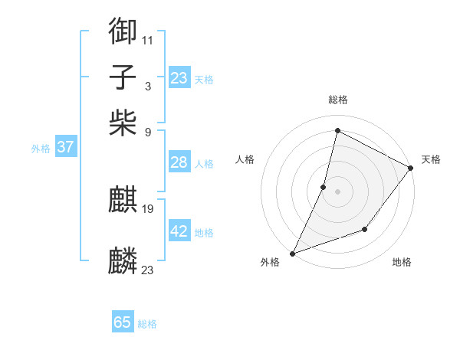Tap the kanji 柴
tap(123, 122)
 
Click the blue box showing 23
tap(179, 78)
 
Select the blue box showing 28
tap(179, 162)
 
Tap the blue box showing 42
tap(179, 231)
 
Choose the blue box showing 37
tap(65, 147)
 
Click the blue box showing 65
tap(123, 322)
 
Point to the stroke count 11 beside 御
tap(147, 39)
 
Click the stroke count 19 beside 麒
tap(148, 208)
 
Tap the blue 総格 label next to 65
tap(147, 324)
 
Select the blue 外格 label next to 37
tap(41, 149)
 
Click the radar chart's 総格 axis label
tap(337, 100)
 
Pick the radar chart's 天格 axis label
tap(431, 159)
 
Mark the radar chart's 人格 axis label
tap(245, 159)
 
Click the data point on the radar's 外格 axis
tap(292, 253)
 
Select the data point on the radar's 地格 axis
tap(365, 229)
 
